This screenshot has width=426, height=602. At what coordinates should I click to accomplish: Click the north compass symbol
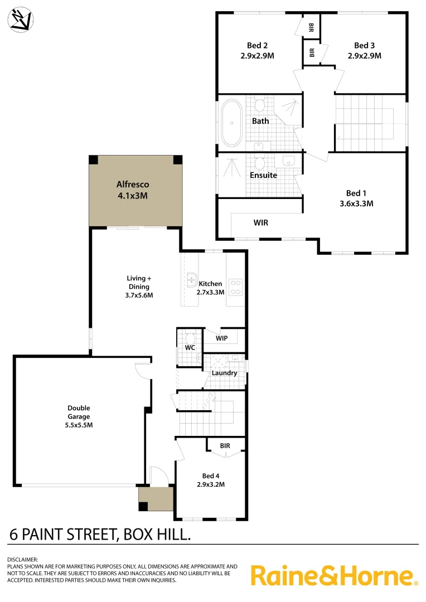(x=20, y=20)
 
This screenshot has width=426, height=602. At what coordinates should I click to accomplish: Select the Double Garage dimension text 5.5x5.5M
(x=79, y=425)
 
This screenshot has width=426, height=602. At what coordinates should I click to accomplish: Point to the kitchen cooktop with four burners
(x=235, y=287)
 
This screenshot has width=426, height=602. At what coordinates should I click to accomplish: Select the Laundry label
(x=224, y=373)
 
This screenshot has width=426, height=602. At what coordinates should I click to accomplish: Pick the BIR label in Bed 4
(x=225, y=446)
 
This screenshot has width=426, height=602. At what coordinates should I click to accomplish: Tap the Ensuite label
(x=263, y=175)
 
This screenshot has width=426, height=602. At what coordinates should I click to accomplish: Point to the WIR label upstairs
(x=261, y=222)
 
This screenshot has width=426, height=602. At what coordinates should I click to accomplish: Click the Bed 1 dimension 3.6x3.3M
(x=355, y=203)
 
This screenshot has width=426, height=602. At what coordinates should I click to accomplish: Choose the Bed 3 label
(x=364, y=46)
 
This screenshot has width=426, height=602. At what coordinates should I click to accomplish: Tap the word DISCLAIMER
(x=22, y=559)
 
